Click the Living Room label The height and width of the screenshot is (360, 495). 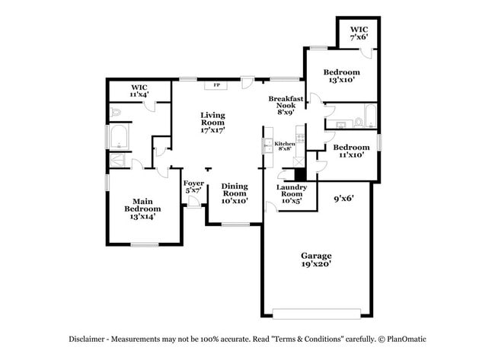pos(212,123)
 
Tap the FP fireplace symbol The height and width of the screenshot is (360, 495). pos(217,85)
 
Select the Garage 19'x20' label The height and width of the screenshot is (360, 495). pos(316,260)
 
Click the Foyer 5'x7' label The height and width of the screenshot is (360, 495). pos(193,186)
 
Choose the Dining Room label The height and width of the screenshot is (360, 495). pos(235,193)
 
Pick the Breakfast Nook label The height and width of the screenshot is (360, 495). pos(286,106)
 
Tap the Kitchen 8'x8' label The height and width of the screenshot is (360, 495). pos(285,146)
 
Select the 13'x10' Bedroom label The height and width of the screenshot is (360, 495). pos(342,75)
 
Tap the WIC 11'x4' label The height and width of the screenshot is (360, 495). pos(139,91)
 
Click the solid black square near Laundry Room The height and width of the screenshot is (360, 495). pos(300,174)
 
